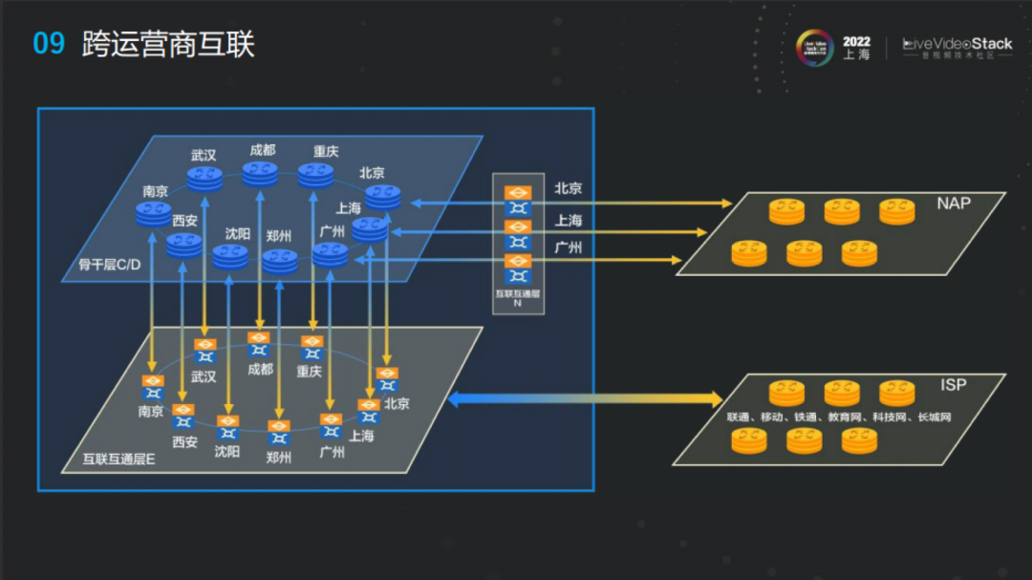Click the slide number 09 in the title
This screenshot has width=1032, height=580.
[x=49, y=44]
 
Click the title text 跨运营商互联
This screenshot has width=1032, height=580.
[x=168, y=44]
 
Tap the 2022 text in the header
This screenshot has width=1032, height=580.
[x=856, y=42]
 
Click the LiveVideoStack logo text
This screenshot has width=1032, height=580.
[x=957, y=44]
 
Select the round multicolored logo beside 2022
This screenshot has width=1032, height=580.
[x=815, y=49]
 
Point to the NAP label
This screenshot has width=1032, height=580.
[x=954, y=204]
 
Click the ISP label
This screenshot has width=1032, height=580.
[x=953, y=385]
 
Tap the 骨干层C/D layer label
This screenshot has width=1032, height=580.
[x=110, y=264]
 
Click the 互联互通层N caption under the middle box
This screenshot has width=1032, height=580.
[x=518, y=298]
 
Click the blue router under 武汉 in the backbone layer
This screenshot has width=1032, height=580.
[x=204, y=177]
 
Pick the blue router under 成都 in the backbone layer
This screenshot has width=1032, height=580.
[x=260, y=173]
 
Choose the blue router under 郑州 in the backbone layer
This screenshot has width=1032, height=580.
[x=280, y=260]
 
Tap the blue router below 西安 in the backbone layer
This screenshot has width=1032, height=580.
[x=183, y=245]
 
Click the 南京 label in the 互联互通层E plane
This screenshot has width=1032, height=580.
[x=151, y=412]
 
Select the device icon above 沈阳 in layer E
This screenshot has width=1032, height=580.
[x=227, y=427]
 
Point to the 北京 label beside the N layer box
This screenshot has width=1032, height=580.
[x=569, y=189]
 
